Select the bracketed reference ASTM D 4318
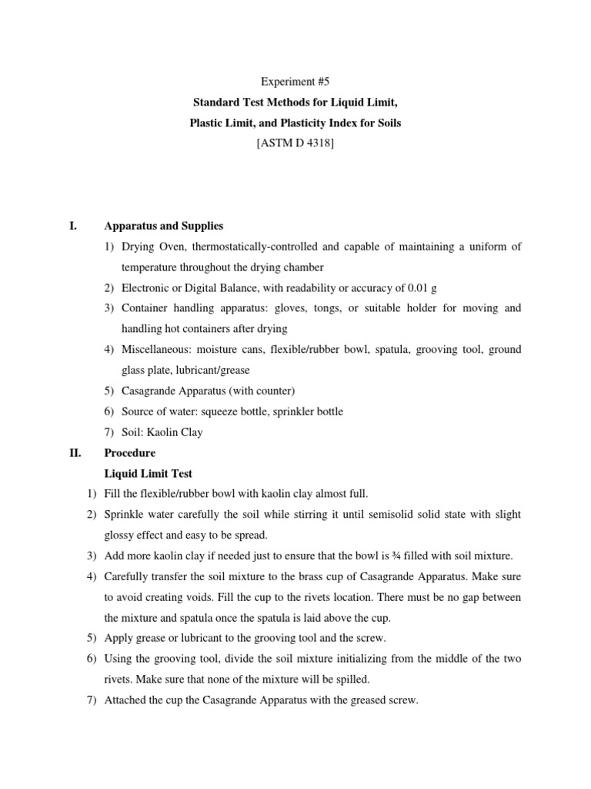(x=295, y=144)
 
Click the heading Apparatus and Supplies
(x=163, y=226)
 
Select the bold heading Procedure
(x=129, y=453)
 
